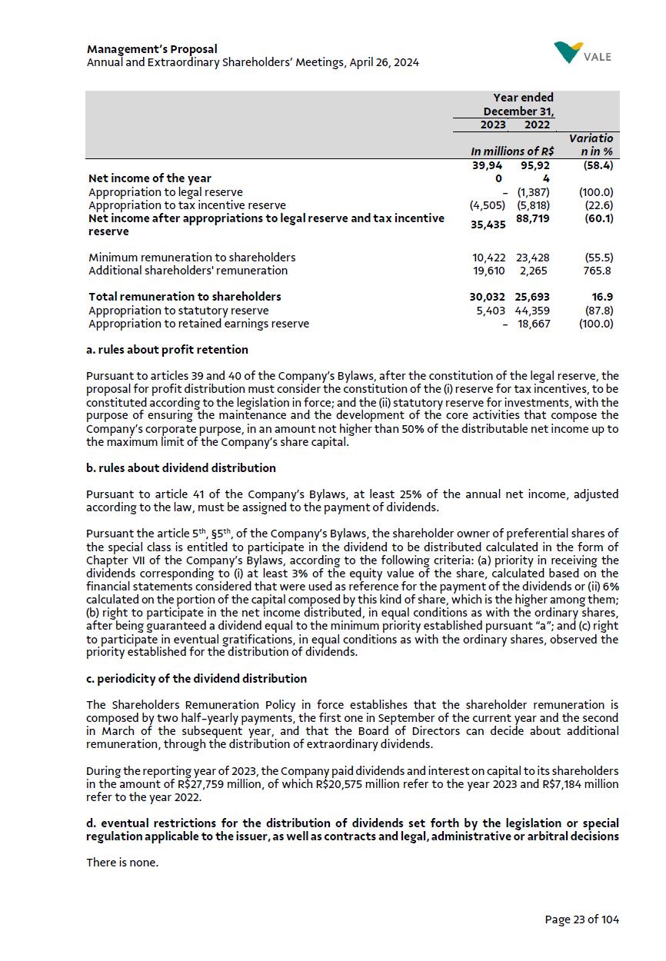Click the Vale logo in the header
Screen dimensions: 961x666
click(x=582, y=54)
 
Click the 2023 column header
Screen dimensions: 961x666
click(x=493, y=125)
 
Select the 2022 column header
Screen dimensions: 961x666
click(x=537, y=125)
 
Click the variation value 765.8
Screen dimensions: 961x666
click(x=598, y=271)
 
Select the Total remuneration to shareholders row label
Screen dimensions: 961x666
click(x=185, y=297)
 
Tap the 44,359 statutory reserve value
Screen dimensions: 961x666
click(x=533, y=311)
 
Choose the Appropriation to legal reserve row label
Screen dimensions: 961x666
click(x=165, y=192)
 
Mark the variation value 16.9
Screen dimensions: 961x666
click(x=602, y=297)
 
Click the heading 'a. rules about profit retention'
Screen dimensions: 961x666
click(x=167, y=350)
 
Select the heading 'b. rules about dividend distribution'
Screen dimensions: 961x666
click(x=181, y=468)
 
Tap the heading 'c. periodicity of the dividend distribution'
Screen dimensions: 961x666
click(x=196, y=679)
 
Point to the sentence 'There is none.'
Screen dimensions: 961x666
click(x=122, y=863)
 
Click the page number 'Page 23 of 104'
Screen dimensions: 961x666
click(x=581, y=919)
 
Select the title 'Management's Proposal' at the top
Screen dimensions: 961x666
click(x=152, y=49)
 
